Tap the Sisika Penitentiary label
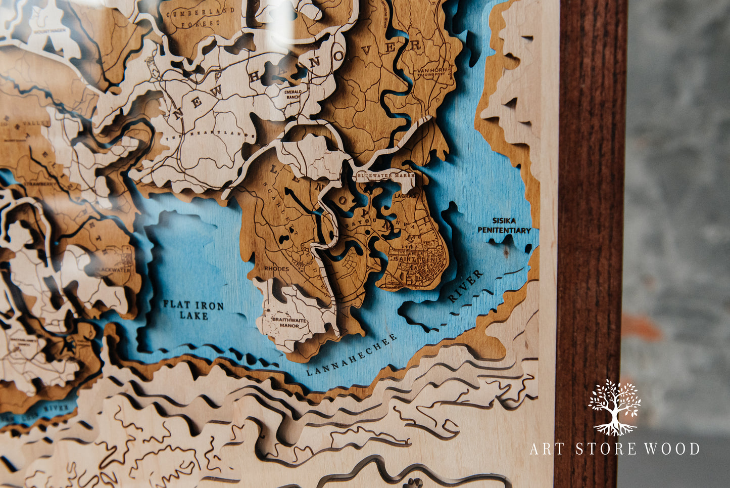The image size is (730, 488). coord(504,226)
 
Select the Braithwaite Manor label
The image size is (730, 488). coord(286,323)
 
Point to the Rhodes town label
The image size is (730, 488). coord(276,269)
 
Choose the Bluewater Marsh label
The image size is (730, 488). coord(385,175)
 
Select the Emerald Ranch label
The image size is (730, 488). coord(293,95)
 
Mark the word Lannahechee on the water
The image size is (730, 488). coord(352,356)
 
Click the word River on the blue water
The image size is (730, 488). coord(465,286)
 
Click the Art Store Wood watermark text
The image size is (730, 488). coord(614,449)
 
